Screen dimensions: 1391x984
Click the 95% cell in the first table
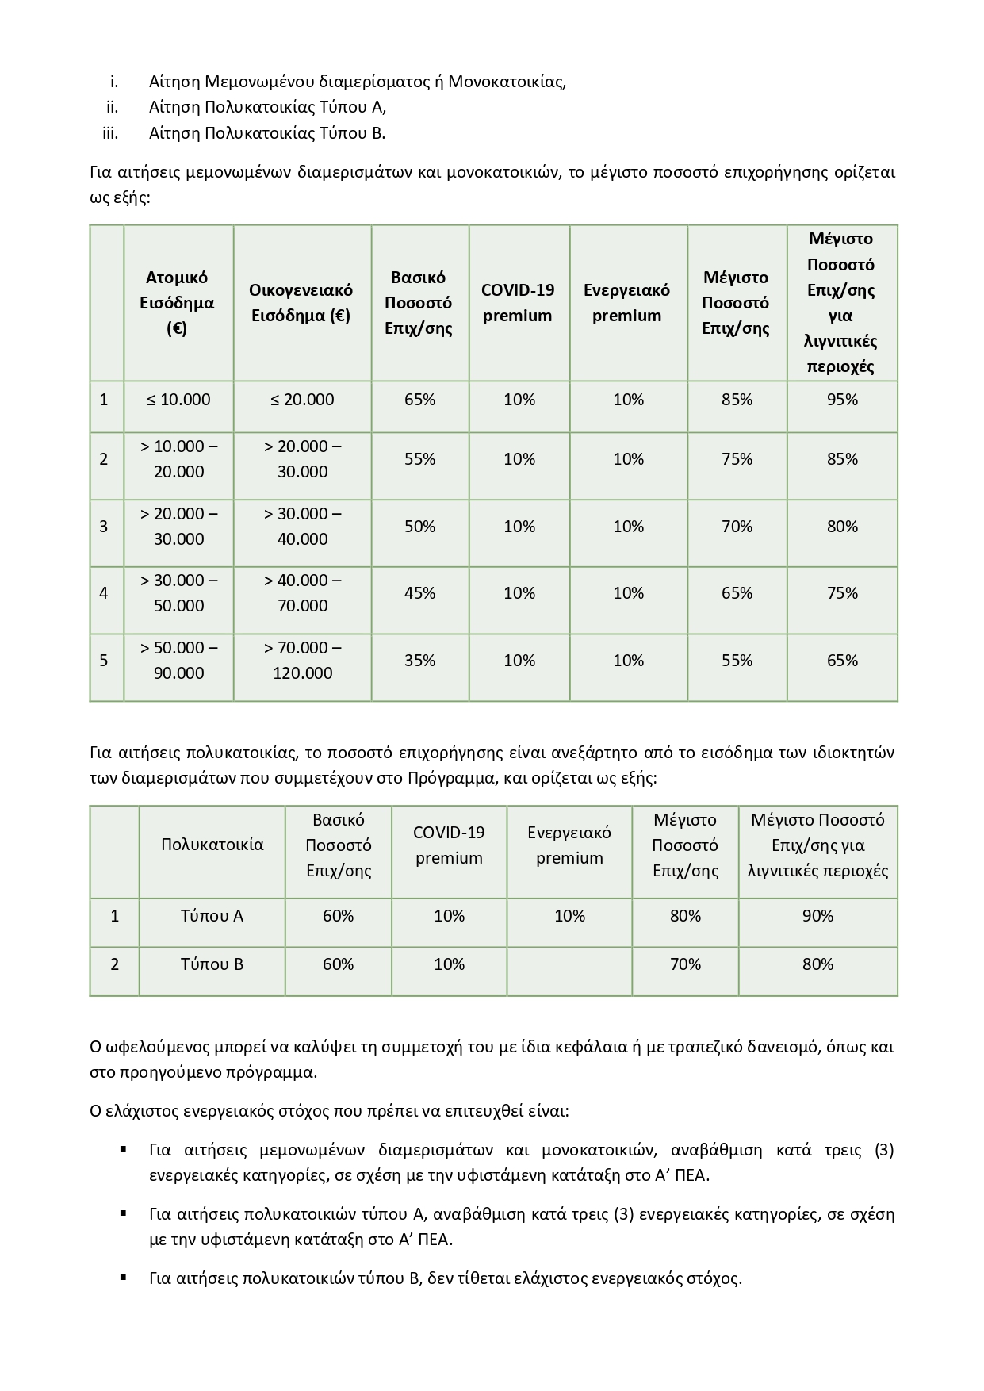click(x=842, y=400)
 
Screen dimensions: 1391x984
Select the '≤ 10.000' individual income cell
click(x=178, y=400)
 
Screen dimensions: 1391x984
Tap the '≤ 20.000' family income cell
click(x=302, y=400)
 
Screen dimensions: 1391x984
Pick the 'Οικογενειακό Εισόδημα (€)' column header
click(x=301, y=303)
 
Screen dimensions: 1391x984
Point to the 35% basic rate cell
click(x=419, y=661)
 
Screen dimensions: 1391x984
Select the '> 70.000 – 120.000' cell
click(x=302, y=661)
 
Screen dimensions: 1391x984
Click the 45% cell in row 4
click(x=419, y=593)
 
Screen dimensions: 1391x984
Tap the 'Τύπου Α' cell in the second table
click(x=212, y=916)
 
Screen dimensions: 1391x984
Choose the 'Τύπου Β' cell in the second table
click(x=212, y=964)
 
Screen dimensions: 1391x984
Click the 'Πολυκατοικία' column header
click(x=212, y=845)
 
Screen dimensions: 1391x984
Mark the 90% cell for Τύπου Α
click(x=817, y=916)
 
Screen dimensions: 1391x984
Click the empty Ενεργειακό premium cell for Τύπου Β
click(x=569, y=964)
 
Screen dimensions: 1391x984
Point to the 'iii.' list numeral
click(x=110, y=133)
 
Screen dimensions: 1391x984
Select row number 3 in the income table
click(x=104, y=527)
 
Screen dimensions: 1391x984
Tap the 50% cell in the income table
click(x=419, y=527)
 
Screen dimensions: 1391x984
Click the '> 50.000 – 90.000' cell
click(x=178, y=661)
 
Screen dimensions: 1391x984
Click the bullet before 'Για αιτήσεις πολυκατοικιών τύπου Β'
click(x=123, y=1277)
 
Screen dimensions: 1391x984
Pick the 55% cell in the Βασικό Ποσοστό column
click(x=419, y=459)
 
